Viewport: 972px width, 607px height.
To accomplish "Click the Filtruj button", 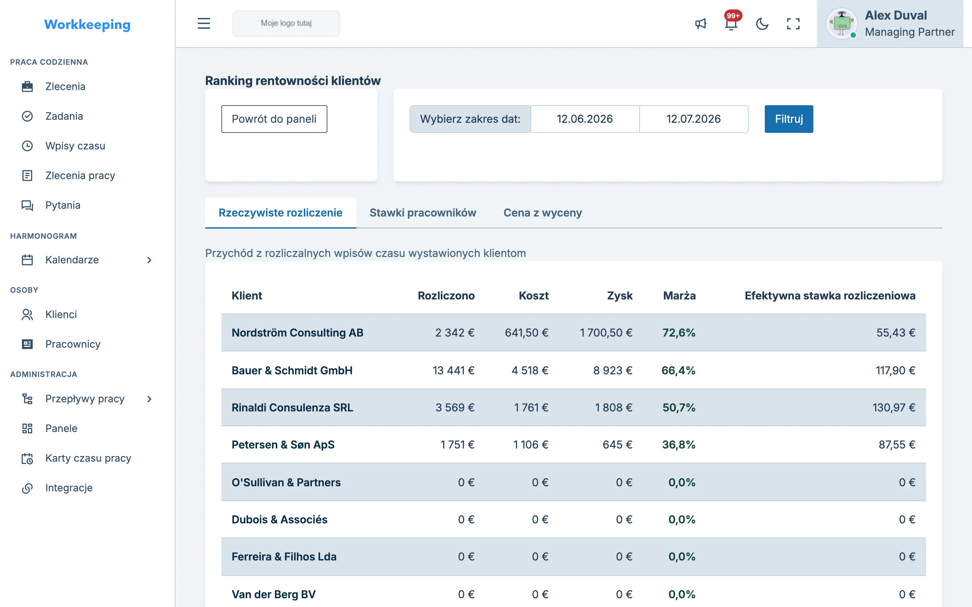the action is point(788,119).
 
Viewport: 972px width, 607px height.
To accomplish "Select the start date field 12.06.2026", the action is point(585,119).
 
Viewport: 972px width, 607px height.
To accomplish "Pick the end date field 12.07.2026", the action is point(694,119).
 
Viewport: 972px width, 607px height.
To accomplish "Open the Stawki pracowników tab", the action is point(423,213).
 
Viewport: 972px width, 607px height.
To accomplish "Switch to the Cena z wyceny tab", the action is point(543,213).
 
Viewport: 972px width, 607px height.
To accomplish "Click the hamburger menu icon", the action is point(204,23).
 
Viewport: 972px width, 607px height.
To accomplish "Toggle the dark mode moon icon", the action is point(762,24).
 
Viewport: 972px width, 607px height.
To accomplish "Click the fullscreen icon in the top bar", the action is point(793,24).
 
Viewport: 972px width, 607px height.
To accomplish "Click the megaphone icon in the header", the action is point(701,24).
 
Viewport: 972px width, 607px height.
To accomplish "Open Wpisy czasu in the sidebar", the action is point(75,146).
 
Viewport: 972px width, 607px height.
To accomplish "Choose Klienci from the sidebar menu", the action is point(61,314).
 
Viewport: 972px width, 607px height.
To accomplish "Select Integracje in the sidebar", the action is point(69,488).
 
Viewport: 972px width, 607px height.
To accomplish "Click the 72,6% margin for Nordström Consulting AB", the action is point(679,333).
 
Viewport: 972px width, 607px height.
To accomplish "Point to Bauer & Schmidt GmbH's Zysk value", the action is point(613,370).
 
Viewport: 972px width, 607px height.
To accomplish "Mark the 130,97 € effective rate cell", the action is point(894,407).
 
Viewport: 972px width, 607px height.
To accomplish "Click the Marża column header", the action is point(679,295).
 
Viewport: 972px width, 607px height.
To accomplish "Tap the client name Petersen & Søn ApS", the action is point(283,445).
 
